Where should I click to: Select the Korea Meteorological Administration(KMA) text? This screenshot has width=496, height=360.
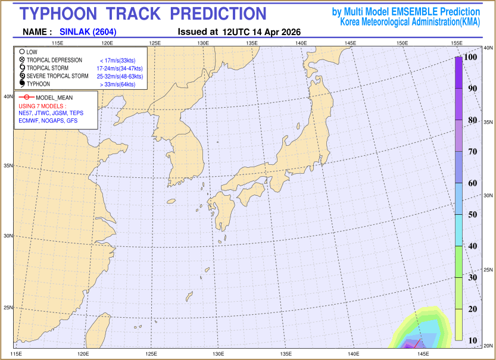click(410, 22)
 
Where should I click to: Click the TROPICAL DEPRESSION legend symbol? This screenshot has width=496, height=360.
click(22, 60)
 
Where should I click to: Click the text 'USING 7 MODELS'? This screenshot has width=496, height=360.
click(41, 105)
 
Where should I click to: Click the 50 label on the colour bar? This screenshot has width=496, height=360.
click(472, 214)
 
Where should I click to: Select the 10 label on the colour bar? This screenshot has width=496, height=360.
click(472, 340)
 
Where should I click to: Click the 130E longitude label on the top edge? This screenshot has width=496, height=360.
click(203, 43)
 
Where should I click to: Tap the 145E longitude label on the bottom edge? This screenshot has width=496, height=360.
click(423, 354)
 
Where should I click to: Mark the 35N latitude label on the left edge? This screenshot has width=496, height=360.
click(8, 166)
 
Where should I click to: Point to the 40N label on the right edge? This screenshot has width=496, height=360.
click(488, 48)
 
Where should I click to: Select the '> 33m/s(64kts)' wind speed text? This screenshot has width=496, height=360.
click(118, 84)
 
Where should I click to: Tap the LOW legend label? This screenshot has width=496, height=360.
click(32, 52)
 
